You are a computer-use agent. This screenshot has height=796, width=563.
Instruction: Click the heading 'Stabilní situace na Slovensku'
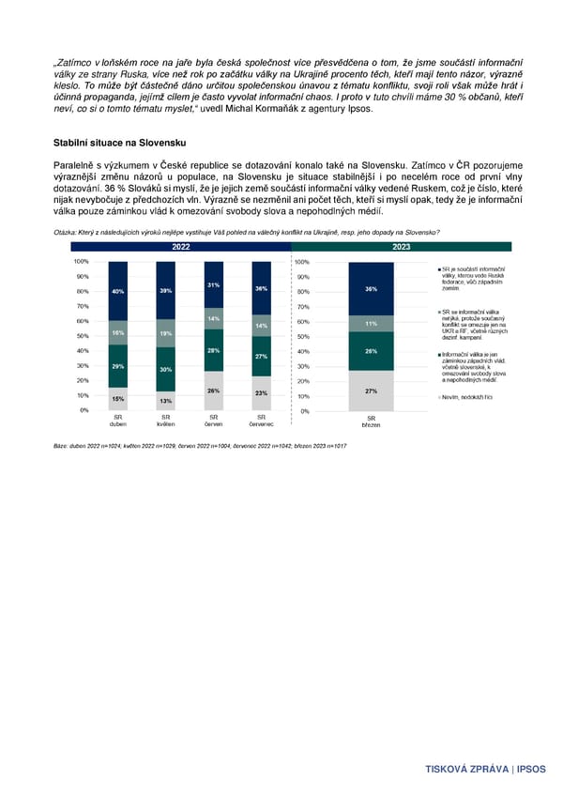click(x=122, y=142)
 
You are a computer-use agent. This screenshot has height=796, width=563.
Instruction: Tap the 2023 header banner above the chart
click(x=401, y=247)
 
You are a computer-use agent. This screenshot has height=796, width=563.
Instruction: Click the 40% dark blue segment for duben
click(x=118, y=291)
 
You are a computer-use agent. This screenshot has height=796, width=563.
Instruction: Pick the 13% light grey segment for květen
click(x=165, y=401)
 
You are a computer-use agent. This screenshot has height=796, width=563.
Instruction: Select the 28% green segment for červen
click(x=214, y=349)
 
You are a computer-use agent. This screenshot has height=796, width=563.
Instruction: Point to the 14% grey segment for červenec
click(x=262, y=326)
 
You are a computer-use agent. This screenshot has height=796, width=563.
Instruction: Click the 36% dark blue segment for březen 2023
click(x=371, y=289)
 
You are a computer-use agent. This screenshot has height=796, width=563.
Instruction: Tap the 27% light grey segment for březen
click(x=371, y=391)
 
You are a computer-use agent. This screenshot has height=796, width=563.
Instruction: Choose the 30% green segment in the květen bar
click(x=165, y=369)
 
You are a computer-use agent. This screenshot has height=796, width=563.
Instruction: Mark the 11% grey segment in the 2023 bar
click(x=371, y=324)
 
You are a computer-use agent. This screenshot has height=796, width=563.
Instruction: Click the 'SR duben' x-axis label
click(x=118, y=421)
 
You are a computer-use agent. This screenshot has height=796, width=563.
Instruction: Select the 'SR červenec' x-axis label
click(x=262, y=421)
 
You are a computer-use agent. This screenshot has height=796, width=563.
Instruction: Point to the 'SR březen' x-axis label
click(x=371, y=421)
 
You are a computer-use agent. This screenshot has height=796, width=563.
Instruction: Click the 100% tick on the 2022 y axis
click(x=81, y=261)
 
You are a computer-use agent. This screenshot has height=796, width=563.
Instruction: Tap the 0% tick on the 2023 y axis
click(x=304, y=411)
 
